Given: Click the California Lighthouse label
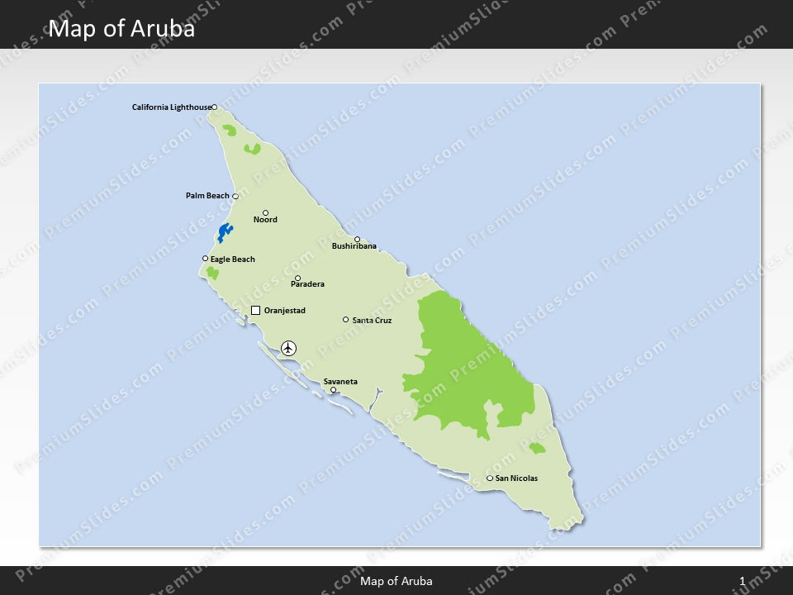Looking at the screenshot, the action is coord(171,107).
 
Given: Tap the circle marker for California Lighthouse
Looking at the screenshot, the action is coord(214,107).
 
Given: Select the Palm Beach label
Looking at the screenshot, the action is coord(207,196).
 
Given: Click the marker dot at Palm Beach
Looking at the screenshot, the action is coord(235,197).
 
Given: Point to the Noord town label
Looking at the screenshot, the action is coord(265,220).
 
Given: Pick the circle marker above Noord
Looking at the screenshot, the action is coord(266,212).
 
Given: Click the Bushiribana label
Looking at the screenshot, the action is coord(354,246).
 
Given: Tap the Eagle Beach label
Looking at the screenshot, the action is coord(232,259).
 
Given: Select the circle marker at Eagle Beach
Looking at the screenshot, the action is coord(206,259).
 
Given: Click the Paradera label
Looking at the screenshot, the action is coord(307,284).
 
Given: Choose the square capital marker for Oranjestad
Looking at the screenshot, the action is coord(255,311).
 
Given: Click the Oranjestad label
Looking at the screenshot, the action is coord(284,311).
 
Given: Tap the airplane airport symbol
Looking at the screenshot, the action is coord(288,348).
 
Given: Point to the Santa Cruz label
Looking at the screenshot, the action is coord(372,320).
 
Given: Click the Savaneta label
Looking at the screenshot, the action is coord(340,382).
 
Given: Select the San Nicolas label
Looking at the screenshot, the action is coord(516,478).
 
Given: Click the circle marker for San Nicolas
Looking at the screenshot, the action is coord(490,478).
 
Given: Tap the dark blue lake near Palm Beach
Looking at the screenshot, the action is coord(224,232).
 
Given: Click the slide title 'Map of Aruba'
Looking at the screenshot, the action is coord(122,29).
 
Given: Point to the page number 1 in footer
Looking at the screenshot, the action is coord(743,581).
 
